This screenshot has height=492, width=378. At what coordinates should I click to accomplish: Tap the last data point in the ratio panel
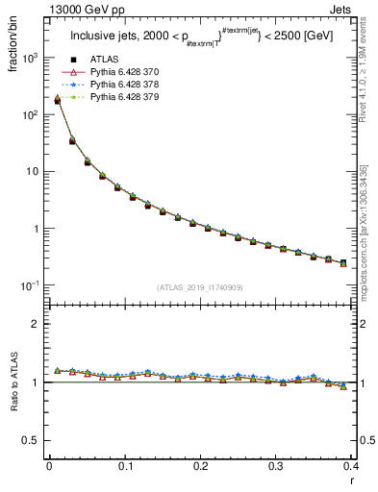point(343,386)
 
